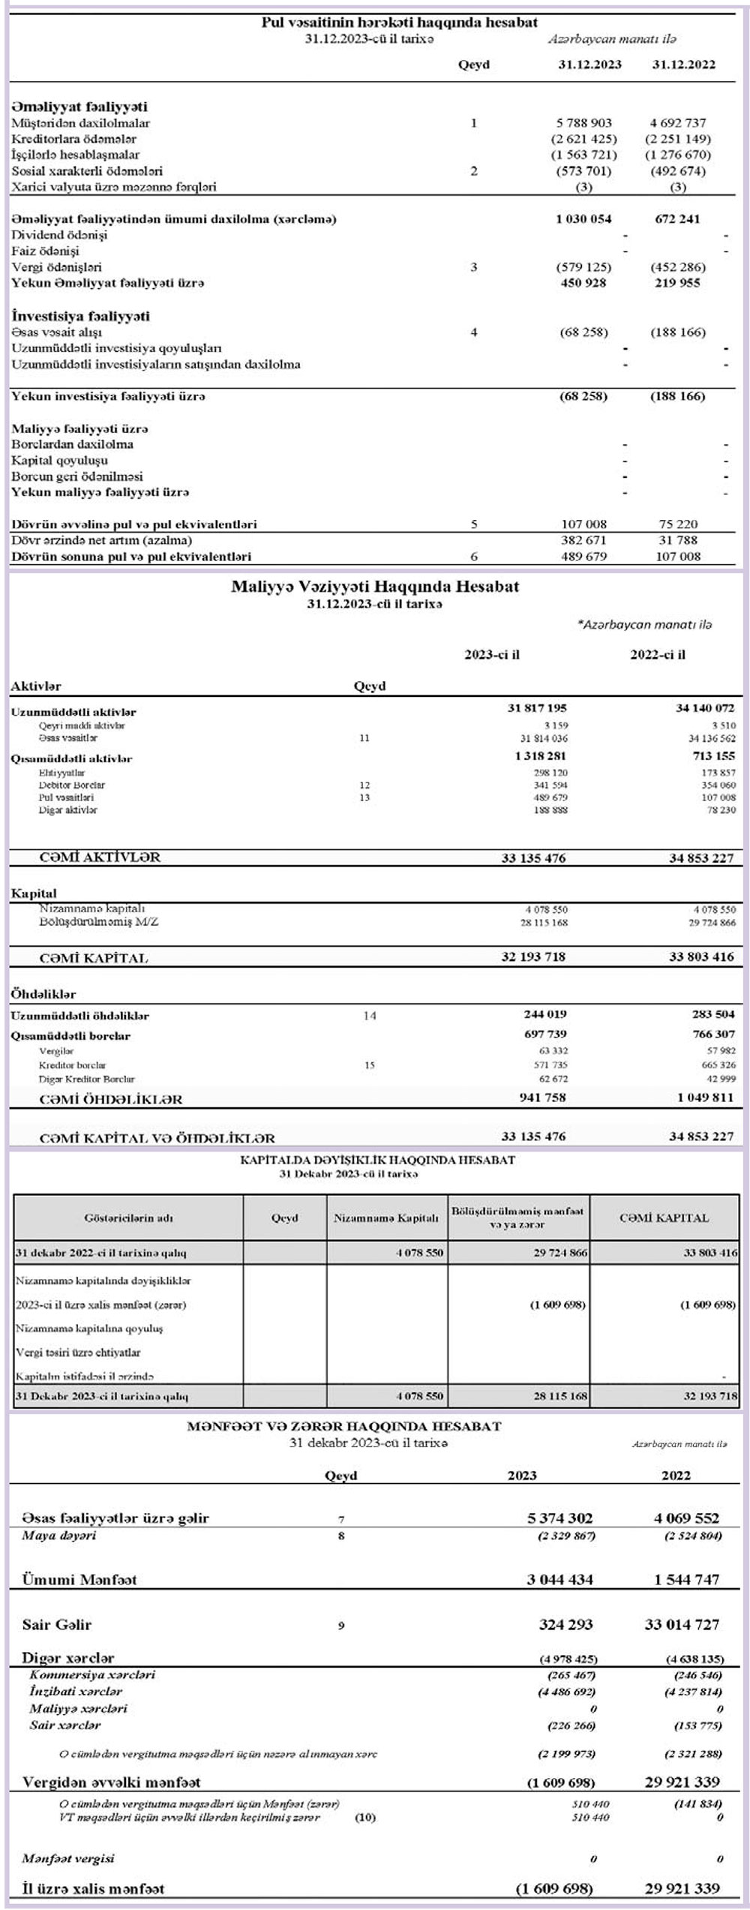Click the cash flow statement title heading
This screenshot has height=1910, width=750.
(399, 23)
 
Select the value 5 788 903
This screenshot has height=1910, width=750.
(583, 123)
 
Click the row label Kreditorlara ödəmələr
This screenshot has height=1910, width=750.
(74, 139)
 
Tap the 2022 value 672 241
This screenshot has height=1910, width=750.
(677, 219)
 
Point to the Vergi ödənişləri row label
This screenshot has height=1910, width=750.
(57, 267)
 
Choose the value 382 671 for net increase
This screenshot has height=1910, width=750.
(583, 540)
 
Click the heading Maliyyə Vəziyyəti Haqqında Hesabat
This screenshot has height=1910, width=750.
(374, 587)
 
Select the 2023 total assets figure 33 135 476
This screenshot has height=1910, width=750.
(533, 857)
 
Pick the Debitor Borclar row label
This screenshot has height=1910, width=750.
(72, 785)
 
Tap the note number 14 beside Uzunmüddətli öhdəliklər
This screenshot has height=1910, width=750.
(370, 1016)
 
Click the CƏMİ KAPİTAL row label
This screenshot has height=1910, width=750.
(94, 958)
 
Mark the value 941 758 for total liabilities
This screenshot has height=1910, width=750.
(544, 1098)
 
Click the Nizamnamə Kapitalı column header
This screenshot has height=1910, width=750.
(386, 1218)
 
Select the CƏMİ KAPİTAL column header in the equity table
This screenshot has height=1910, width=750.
(664, 1218)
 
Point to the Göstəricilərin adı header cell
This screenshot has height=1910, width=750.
(128, 1218)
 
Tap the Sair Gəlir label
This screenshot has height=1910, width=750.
(57, 1625)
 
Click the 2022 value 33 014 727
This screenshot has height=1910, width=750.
(681, 1625)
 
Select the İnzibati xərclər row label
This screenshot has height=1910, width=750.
(76, 1692)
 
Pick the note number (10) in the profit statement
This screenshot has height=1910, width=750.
(364, 1817)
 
